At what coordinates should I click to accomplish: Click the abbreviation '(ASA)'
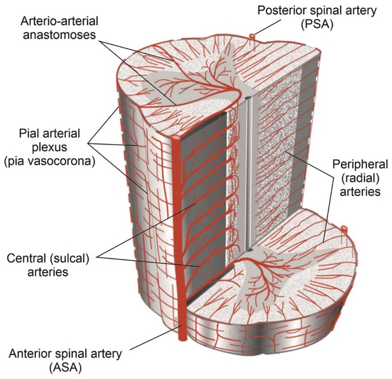(66, 368)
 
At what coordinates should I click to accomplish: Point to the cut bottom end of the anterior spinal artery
(181, 337)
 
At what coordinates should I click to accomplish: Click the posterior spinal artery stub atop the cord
(251, 37)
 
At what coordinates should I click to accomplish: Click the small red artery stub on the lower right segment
(344, 229)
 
